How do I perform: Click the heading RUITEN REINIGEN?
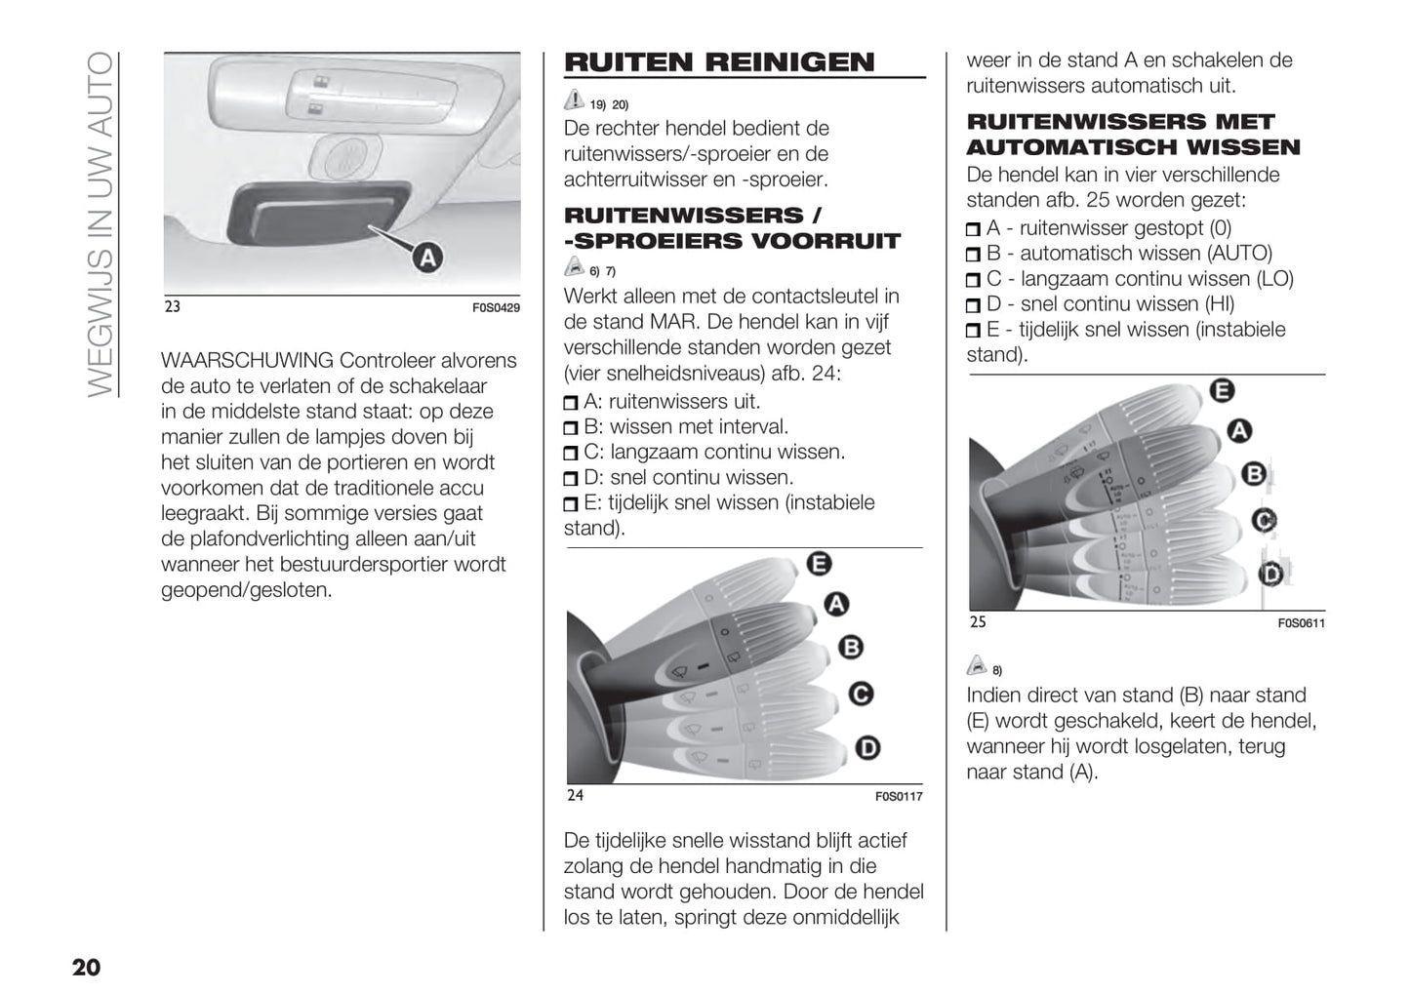point(719,62)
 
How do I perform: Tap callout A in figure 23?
point(427,258)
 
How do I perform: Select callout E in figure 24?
point(819,563)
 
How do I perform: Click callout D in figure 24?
point(866,747)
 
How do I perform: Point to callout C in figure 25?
point(1264,520)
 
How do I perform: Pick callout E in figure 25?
point(1221,391)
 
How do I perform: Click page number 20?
point(86,967)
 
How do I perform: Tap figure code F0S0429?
point(496,308)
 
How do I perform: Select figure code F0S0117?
point(898,797)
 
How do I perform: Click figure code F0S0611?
point(1301,623)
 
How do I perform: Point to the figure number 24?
point(576,795)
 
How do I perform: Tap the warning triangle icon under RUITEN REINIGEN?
point(574,99)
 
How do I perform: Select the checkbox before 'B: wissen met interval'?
point(571,428)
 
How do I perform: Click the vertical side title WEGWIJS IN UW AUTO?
point(101,224)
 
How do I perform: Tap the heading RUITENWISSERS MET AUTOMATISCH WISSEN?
point(1133,135)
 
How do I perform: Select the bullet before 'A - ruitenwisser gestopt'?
point(973,229)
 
